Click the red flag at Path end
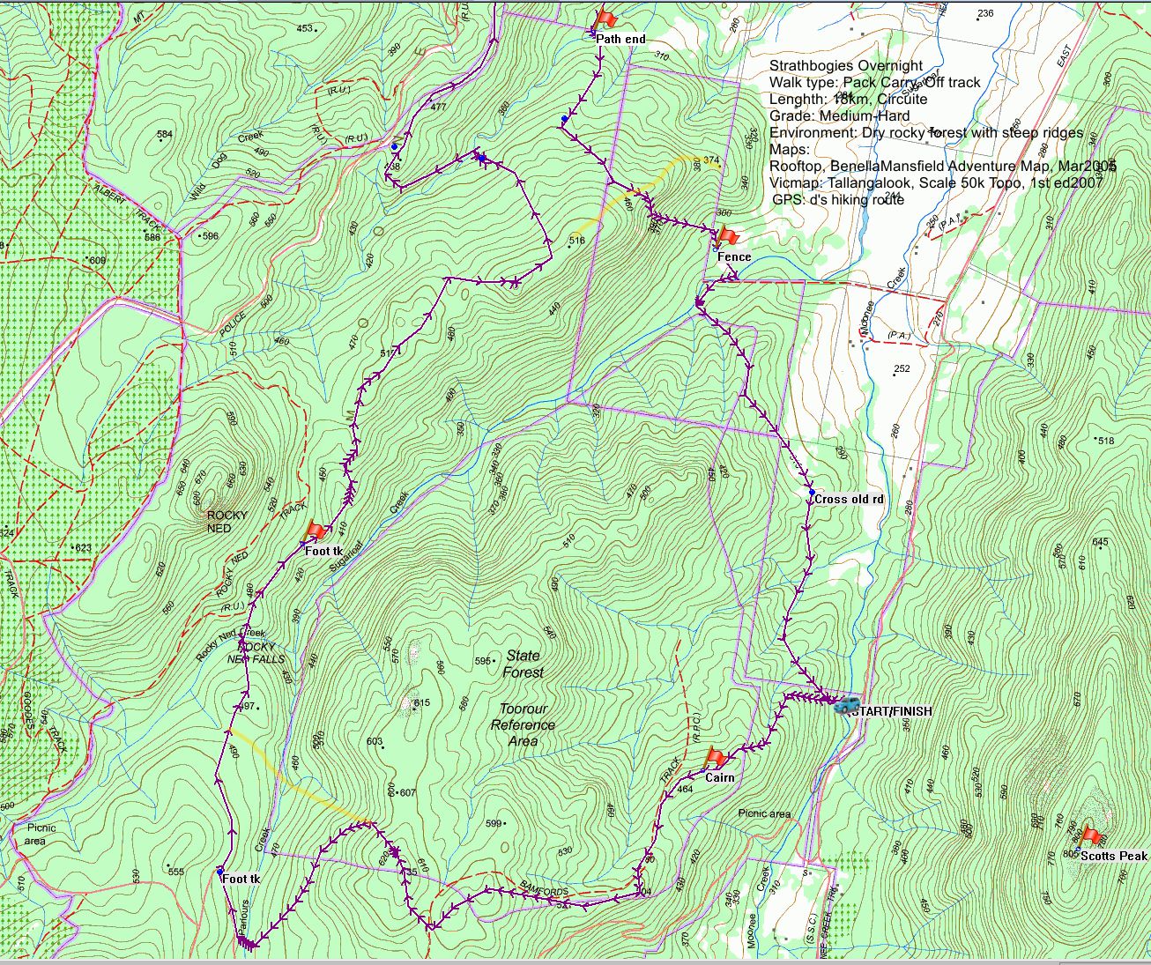point(605,18)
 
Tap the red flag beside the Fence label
point(727,235)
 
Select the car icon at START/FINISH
point(845,704)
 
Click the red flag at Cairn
point(717,757)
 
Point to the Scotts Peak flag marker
point(1091,835)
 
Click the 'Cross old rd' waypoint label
point(849,499)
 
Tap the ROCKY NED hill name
point(226,522)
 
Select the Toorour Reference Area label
point(524,724)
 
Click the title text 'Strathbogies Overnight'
point(846,65)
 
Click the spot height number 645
point(1100,542)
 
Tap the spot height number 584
point(164,135)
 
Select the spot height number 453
point(305,28)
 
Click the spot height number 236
point(985,13)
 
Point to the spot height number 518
point(1106,441)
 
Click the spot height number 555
point(175,872)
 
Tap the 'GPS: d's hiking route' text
point(838,199)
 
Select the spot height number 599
point(494,824)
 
